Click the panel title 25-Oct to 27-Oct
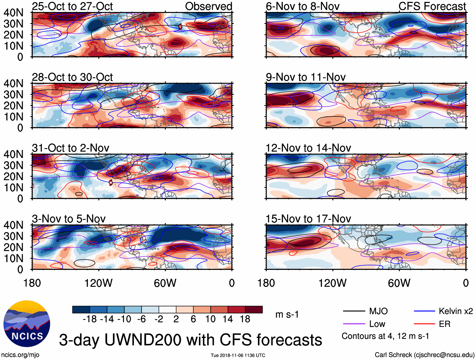pyautogui.click(x=72, y=6)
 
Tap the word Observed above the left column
pyautogui.click(x=208, y=6)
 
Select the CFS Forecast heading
pyautogui.click(x=432, y=6)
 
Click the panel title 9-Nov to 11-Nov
pyautogui.click(x=305, y=77)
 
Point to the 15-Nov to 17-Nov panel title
pyautogui.click(x=308, y=219)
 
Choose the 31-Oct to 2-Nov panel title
pyautogui.click(x=70, y=148)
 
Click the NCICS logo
pyautogui.click(x=27, y=324)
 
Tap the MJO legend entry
pyautogui.click(x=378, y=311)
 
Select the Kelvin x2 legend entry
pyautogui.click(x=456, y=311)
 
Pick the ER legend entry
pyautogui.click(x=444, y=324)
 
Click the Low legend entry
pyautogui.click(x=377, y=324)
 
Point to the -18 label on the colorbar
pyautogui.click(x=90, y=319)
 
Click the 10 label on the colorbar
pyautogui.click(x=210, y=319)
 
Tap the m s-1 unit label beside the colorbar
pyautogui.click(x=287, y=315)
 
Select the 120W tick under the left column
pyautogui.click(x=98, y=283)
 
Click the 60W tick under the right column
pyautogui.click(x=399, y=283)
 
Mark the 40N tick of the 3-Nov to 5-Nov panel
pyautogui.click(x=13, y=225)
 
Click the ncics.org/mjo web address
pyautogui.click(x=20, y=355)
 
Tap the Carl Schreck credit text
pyautogui.click(x=424, y=355)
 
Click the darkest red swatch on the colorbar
pyautogui.click(x=254, y=310)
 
